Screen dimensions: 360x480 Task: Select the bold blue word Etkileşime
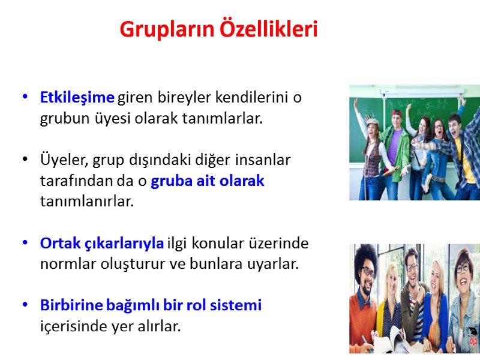(77, 97)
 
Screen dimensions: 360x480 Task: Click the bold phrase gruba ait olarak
(207, 181)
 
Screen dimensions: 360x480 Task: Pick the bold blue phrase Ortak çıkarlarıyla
(101, 244)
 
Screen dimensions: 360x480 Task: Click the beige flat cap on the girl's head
(373, 122)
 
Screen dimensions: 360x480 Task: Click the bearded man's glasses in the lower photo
(367, 271)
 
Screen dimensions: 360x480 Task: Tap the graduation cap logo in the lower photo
(472, 332)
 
